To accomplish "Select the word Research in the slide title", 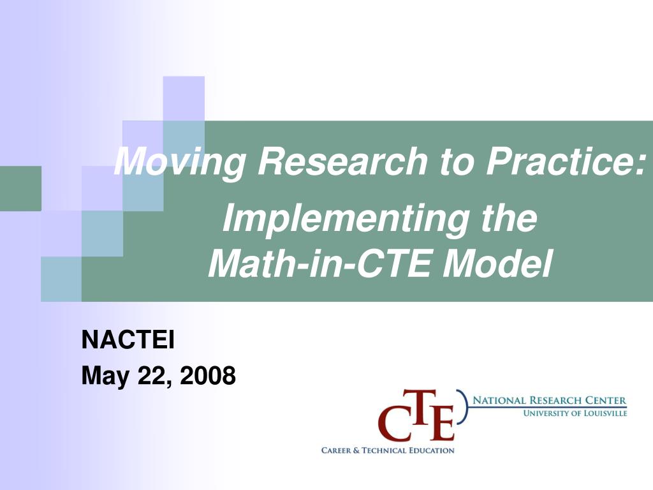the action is (x=342, y=161).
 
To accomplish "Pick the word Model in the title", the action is (x=497, y=264).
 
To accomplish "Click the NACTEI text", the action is (x=128, y=340).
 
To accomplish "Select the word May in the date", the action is (x=105, y=376).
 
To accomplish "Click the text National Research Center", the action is (x=549, y=401).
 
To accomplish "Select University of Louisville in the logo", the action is (x=575, y=413).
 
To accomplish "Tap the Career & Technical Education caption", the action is (x=388, y=450).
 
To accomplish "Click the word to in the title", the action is (x=457, y=163).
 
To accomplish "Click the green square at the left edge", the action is (x=20, y=188).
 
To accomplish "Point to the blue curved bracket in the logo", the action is (x=464, y=407).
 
